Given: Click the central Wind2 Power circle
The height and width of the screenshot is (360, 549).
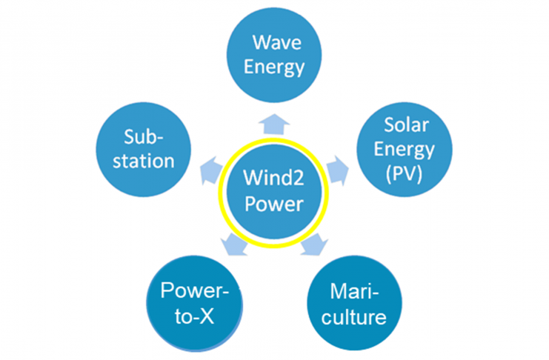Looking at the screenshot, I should pos(275,190).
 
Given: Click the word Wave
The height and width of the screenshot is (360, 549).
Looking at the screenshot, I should pos(276,41).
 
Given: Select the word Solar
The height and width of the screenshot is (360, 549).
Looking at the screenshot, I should pos(405,125).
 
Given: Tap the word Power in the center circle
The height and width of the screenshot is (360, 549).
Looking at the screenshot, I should pos(275,202).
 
